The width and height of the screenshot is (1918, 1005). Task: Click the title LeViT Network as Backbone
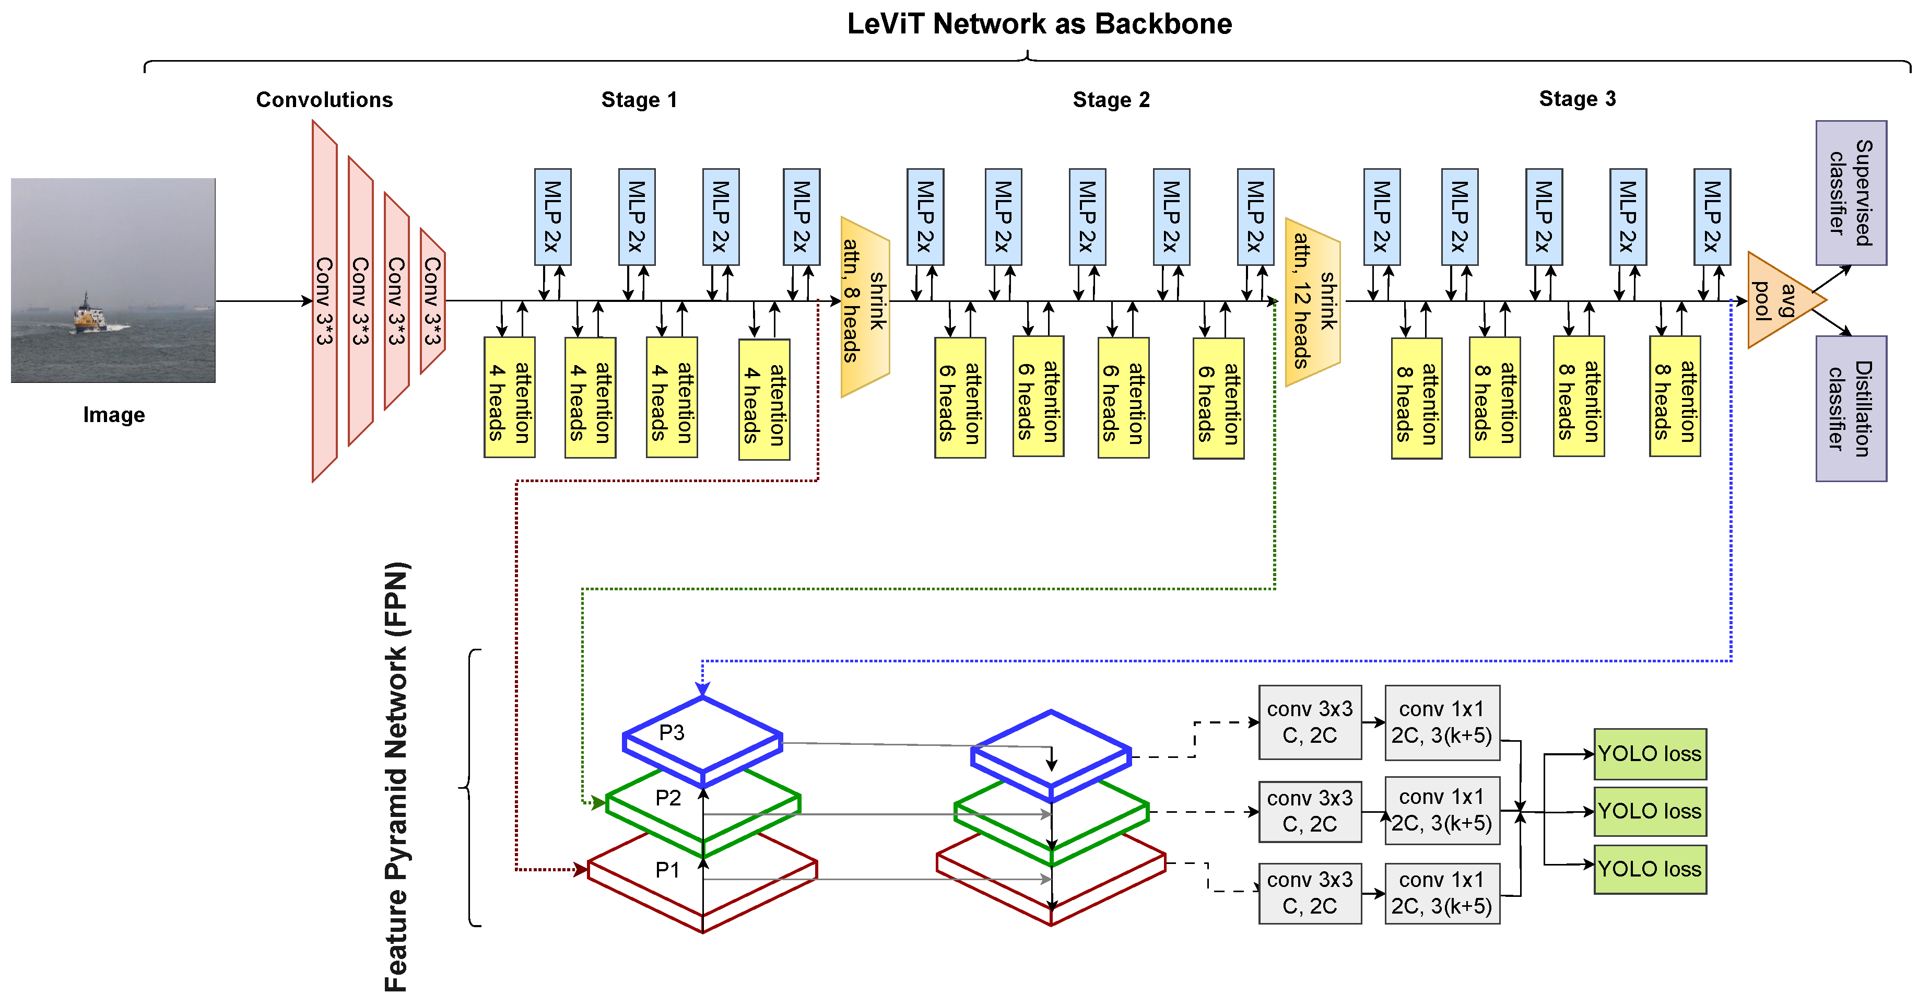tap(1039, 24)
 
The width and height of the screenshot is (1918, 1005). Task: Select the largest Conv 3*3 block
tap(325, 302)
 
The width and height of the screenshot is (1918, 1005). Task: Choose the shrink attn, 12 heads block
tap(1313, 302)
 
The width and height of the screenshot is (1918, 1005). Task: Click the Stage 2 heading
tap(1110, 100)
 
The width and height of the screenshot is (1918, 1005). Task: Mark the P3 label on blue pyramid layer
tap(672, 732)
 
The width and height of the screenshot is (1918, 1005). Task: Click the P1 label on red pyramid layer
tap(667, 869)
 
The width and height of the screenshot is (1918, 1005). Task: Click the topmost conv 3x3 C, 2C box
tap(1310, 722)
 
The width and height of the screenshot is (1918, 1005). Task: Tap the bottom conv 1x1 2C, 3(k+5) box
tap(1441, 893)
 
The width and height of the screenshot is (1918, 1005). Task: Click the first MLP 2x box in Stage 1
tap(552, 217)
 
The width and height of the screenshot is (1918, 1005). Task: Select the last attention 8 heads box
tap(1675, 397)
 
